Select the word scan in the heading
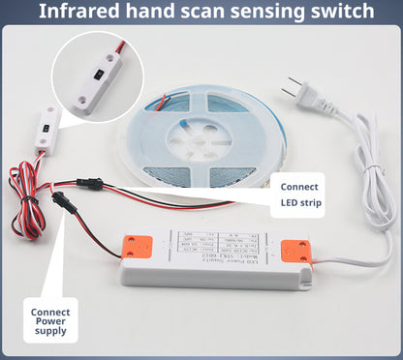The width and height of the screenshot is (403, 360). point(192,12)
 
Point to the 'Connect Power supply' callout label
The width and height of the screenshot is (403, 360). point(50,322)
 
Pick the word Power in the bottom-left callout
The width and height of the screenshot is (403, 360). point(50,322)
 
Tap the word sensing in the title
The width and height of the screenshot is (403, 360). point(266,12)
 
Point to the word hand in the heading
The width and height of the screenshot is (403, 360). point(142,12)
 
